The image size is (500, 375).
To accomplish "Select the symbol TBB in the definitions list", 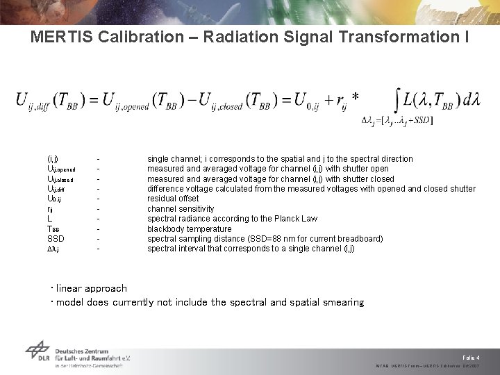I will [53, 229].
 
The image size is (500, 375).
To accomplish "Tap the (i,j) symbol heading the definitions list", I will [52, 159].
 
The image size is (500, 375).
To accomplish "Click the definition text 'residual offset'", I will [173, 199].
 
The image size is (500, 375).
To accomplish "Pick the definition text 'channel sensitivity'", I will [181, 209].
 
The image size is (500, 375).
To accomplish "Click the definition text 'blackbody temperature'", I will [189, 229].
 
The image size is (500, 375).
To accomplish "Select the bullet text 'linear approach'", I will [92, 288].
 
